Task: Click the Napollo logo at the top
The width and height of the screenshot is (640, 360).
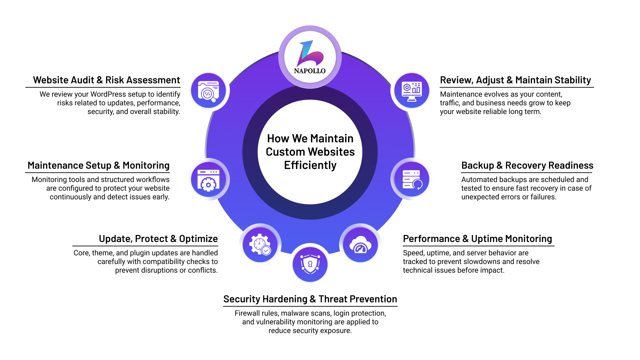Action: [310, 57]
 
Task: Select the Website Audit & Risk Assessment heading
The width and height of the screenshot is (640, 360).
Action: [106, 80]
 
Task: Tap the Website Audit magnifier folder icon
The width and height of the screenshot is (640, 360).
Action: [209, 91]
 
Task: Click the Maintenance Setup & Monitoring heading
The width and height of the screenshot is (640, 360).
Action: [98, 166]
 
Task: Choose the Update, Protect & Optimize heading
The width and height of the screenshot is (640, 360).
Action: [158, 239]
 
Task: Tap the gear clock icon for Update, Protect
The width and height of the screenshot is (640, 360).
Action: [260, 245]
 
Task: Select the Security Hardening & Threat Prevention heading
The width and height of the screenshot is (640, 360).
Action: [310, 299]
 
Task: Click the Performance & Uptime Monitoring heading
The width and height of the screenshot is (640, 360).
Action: [477, 239]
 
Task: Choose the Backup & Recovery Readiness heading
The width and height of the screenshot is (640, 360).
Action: [527, 166]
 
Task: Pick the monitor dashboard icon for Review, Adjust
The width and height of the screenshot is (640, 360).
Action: [412, 91]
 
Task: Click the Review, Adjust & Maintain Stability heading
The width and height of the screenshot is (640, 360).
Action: [515, 80]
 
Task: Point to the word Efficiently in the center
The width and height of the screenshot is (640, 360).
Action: [310, 165]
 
